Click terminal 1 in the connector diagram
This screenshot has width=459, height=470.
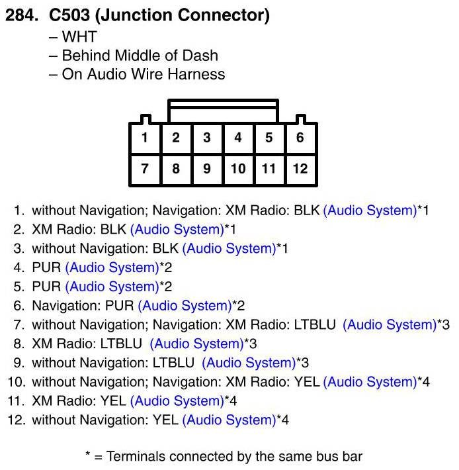coord(145,138)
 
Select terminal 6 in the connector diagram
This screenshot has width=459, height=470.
coord(300,138)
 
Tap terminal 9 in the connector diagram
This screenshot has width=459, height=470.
coord(207,169)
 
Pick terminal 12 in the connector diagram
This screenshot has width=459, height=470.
coord(300,169)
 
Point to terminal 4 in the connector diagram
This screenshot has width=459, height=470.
coord(238,138)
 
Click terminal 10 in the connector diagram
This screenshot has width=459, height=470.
coord(238,169)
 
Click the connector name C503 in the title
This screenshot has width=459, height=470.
coord(69,15)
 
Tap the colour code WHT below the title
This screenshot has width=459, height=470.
coord(79,37)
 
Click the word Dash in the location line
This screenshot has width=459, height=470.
coord(200,56)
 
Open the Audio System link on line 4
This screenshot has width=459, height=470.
coord(112,267)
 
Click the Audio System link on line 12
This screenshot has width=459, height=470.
coord(229,420)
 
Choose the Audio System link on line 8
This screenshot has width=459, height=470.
coord(196,344)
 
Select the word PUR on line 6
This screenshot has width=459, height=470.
coord(120,306)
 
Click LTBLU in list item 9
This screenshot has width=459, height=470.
coord(174,363)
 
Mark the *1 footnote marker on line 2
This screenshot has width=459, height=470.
coord(230,229)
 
